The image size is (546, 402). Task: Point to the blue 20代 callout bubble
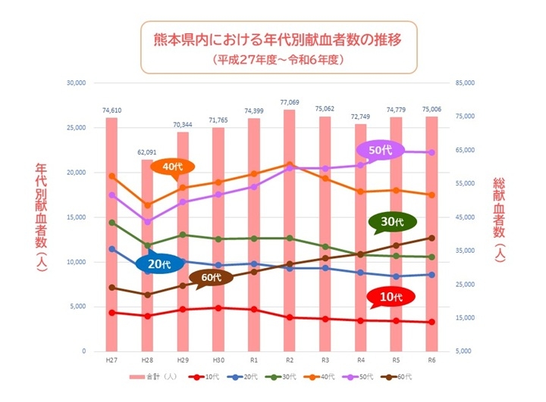point(159,263)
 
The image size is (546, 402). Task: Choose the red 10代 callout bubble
point(391,298)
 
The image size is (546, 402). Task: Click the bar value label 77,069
point(289,102)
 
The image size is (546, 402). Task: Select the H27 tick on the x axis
point(111,360)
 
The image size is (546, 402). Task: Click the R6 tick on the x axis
point(431,360)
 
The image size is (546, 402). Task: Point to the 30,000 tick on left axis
point(77,83)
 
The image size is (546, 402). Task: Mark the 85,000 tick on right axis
point(464,83)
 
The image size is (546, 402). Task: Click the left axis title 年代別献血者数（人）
point(42,214)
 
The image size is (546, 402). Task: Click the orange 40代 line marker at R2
point(289,164)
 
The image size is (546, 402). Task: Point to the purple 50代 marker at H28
point(147,222)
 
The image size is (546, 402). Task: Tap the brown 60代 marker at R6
point(431,238)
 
